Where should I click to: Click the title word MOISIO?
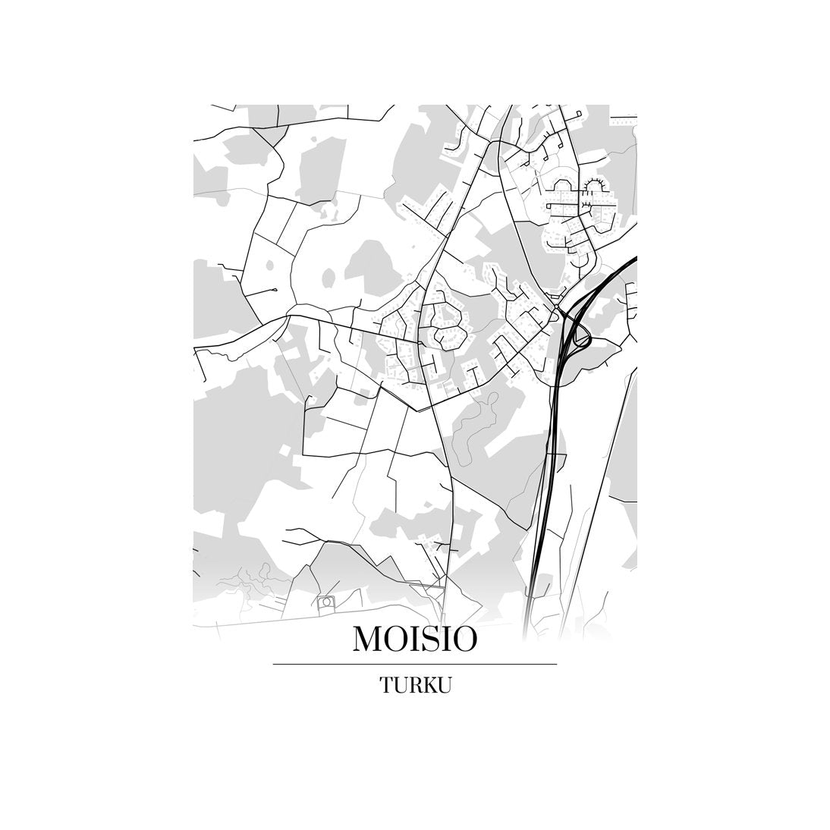click(x=415, y=639)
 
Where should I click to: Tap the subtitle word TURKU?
click(x=416, y=685)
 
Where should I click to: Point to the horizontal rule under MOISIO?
click(x=415, y=664)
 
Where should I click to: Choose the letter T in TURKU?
click(x=386, y=685)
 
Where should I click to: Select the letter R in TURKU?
click(x=414, y=685)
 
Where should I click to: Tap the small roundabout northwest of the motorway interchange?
click(x=557, y=306)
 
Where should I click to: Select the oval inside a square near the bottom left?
click(x=327, y=602)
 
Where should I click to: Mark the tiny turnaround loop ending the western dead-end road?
click(x=275, y=290)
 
